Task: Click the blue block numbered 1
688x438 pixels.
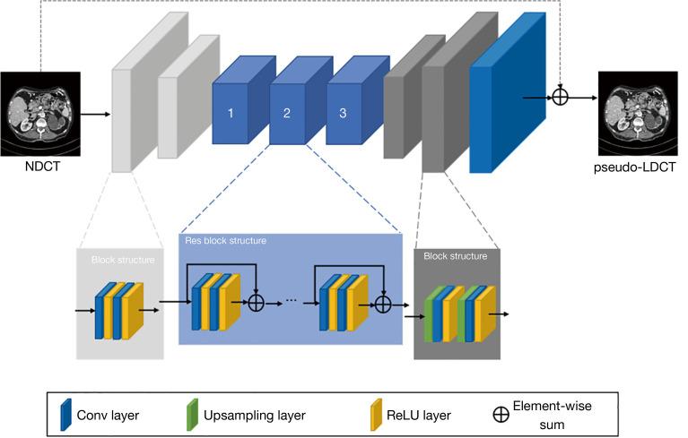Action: (x=231, y=114)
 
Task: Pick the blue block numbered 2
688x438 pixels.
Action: (x=288, y=114)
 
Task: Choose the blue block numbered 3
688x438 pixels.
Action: (x=343, y=114)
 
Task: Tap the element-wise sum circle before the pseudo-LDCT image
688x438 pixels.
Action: (x=560, y=96)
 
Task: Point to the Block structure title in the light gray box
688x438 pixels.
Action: (x=123, y=261)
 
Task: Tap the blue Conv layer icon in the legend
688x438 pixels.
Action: (x=65, y=414)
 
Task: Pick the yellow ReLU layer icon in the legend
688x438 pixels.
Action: (x=376, y=414)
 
